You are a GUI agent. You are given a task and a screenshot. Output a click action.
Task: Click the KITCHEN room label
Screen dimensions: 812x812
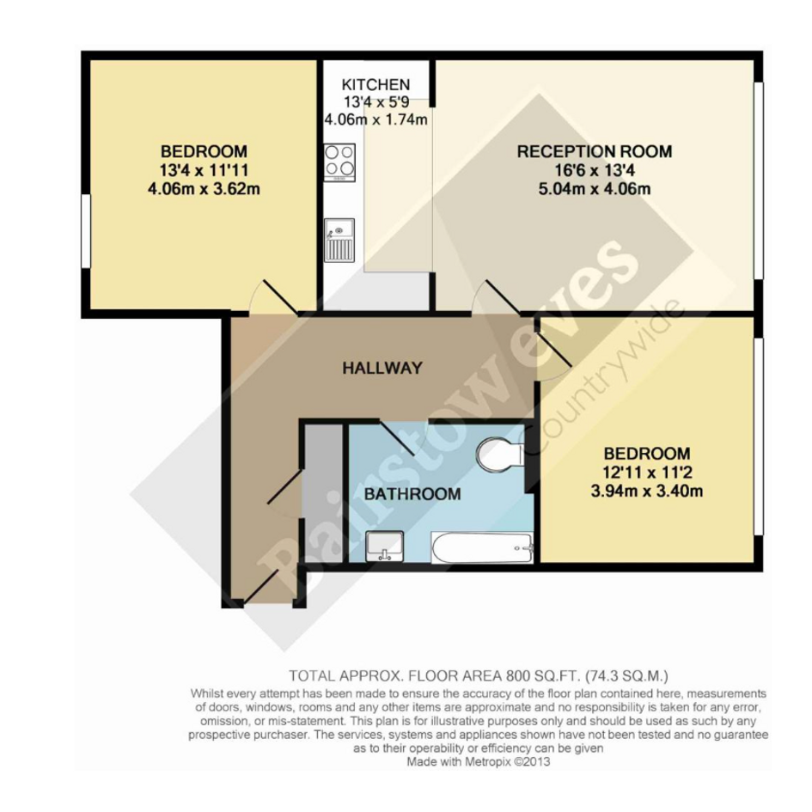tap(375, 84)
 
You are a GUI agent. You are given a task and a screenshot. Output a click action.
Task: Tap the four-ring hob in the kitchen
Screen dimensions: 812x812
tap(339, 162)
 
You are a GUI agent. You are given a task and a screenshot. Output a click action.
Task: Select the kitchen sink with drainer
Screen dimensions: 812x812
tap(339, 241)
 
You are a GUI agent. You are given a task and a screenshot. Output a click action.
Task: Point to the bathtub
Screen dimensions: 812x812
tap(482, 547)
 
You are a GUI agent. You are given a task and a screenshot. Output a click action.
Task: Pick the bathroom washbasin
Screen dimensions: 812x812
tap(384, 546)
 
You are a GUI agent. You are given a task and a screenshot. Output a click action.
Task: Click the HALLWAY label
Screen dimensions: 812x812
tap(382, 368)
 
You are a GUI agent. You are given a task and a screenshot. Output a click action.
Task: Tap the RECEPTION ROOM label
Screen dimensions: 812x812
tap(595, 151)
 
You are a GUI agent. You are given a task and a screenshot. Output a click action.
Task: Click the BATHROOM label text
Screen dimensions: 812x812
tap(412, 493)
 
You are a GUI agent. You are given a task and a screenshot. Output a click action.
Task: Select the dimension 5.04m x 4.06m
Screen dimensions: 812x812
tap(595, 188)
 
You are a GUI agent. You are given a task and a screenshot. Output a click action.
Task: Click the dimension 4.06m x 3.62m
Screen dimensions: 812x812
tap(204, 188)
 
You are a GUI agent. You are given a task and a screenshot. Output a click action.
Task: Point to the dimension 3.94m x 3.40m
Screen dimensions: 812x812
tap(647, 491)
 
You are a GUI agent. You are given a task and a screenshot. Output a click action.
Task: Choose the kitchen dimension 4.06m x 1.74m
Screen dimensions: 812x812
tap(376, 119)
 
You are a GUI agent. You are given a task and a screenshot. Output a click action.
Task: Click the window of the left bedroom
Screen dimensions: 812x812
tap(86, 231)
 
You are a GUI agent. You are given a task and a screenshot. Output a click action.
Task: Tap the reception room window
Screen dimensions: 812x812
tap(758, 180)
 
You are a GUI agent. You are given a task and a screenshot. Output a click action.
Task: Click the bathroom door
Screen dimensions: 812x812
tap(397, 438)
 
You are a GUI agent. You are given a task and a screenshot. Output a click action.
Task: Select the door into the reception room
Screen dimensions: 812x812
tap(502, 297)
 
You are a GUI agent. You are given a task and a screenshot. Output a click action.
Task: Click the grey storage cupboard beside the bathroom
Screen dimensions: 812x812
tap(323, 494)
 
